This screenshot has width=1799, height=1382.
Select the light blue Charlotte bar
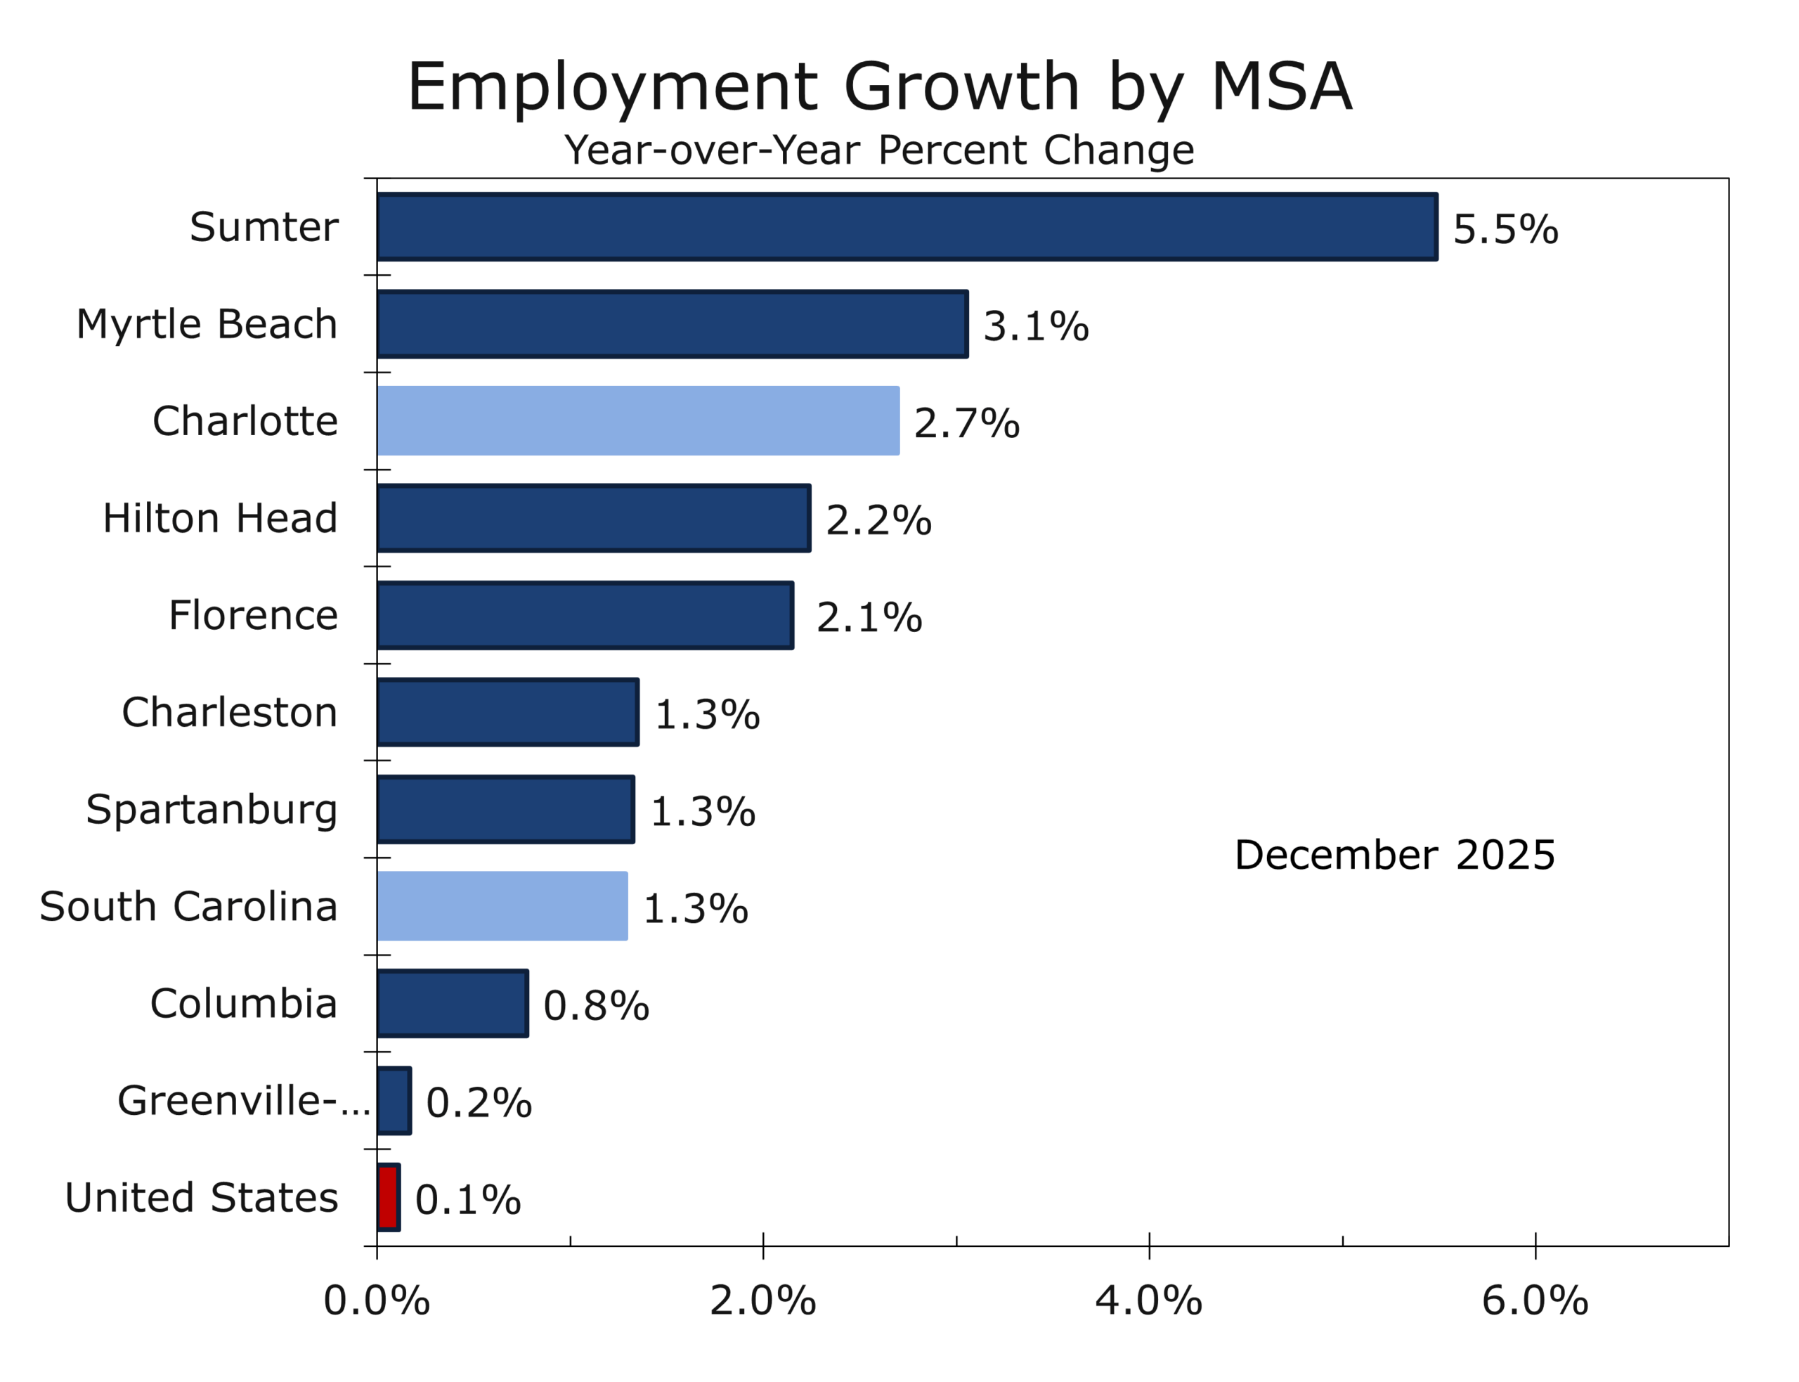coord(638,420)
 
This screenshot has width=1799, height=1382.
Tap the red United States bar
coord(388,1197)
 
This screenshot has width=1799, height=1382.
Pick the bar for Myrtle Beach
coord(671,323)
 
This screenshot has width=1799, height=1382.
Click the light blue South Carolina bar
coord(502,905)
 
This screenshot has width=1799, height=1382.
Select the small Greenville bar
coord(394,1100)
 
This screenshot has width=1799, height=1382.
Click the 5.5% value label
coord(1504,228)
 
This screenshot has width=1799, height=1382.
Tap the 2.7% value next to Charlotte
coord(966,423)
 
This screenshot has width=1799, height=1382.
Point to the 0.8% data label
coord(596,1005)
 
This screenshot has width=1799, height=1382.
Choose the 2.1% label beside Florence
coord(869,617)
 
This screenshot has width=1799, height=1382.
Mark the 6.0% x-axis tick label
coord(1534,1300)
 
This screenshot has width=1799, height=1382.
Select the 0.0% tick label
coord(377,1300)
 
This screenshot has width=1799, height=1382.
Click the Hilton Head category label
coord(219,518)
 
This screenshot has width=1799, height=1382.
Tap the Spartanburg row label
coord(212,810)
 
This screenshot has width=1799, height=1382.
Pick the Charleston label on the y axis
coord(229,712)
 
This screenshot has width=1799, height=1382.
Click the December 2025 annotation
coord(1394,855)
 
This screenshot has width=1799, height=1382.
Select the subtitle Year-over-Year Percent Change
coord(878,150)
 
